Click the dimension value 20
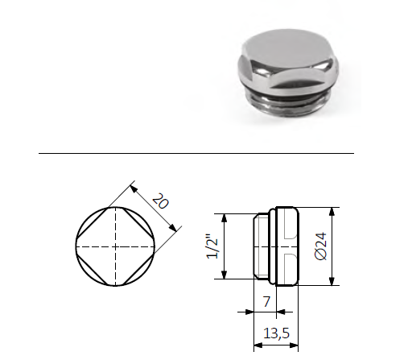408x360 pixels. pyautogui.click(x=159, y=203)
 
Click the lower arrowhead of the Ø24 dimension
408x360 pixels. pyautogui.click(x=332, y=281)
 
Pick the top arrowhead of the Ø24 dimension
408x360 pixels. pyautogui.click(x=332, y=212)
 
